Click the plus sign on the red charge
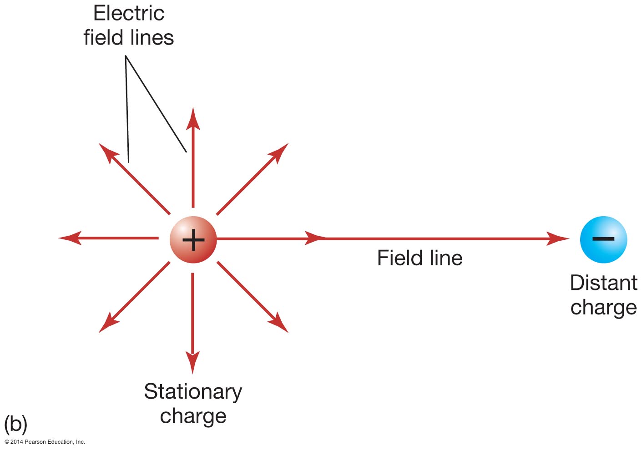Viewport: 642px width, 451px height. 193,240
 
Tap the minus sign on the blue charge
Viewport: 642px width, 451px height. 603,238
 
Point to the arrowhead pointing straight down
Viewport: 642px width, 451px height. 193,362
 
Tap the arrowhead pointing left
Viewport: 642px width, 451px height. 70,238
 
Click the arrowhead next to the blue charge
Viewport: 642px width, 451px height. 557,238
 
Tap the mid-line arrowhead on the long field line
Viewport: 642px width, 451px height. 315,238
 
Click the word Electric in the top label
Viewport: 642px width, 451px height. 129,13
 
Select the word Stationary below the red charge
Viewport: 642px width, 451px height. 193,392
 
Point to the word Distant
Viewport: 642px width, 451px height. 603,283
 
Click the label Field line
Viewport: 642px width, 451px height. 420,258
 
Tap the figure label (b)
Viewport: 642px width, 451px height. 15,424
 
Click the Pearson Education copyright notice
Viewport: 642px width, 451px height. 45,442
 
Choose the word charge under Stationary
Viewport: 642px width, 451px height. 193,416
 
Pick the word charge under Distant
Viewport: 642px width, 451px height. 603,307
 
